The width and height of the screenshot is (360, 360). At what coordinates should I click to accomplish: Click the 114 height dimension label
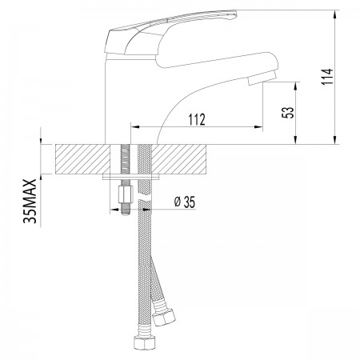[x=327, y=77]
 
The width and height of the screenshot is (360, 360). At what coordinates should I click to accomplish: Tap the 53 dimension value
[x=288, y=113]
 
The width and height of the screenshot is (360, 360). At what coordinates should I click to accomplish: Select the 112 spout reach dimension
[x=197, y=119]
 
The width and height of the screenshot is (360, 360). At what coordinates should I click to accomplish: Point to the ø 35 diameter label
[x=185, y=202]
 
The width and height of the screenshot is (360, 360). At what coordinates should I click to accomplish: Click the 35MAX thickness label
[x=30, y=201]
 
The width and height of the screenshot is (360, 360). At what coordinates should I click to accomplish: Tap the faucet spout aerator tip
[x=262, y=78]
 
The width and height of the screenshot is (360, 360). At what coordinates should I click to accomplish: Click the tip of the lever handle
[x=234, y=14]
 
